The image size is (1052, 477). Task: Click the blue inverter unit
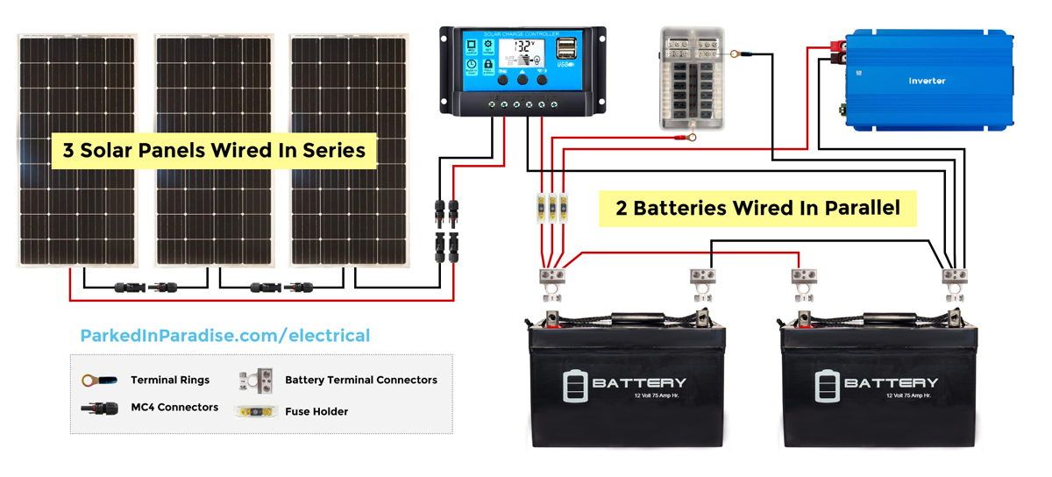tap(928, 81)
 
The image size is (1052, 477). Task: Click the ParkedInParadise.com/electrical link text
tap(225, 335)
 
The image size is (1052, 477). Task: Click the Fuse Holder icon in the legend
tap(256, 411)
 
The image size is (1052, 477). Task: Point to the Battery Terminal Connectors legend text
tap(361, 381)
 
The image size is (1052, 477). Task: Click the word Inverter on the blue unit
tap(927, 81)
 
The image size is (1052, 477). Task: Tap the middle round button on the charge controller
tap(522, 80)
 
